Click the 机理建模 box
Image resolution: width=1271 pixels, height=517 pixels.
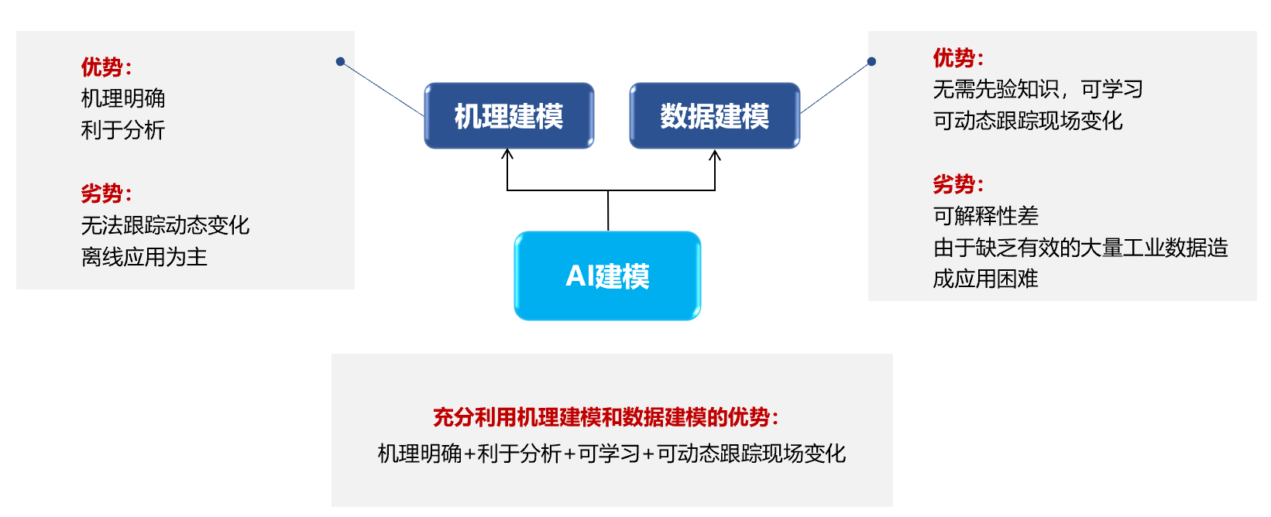pos(509,116)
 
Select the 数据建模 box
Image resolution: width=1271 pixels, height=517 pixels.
pos(714,116)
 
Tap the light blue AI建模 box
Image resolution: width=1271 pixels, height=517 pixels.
pos(607,276)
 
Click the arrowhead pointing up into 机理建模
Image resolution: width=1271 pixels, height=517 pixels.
pos(507,154)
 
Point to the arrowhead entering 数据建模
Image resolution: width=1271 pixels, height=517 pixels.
pos(715,156)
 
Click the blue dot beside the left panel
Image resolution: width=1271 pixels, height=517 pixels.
pos(340,61)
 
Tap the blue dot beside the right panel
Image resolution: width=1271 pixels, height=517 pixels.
pos(871,61)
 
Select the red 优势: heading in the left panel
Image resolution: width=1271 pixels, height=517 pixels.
pos(106,67)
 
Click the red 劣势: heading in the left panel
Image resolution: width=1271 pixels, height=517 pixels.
pos(106,193)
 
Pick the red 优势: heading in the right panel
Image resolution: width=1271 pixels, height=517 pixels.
pos(958,58)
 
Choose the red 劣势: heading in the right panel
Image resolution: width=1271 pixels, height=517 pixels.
pos(958,184)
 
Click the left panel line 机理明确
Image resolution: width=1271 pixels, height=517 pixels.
pos(123,98)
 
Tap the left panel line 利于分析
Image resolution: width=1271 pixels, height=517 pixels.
pos(123,130)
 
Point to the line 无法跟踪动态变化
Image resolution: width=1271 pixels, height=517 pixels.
pos(165,225)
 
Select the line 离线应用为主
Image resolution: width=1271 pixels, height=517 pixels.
pos(144,257)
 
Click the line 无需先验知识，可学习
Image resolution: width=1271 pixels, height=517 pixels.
pos(1038,90)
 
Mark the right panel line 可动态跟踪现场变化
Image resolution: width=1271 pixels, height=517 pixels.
pos(1028,121)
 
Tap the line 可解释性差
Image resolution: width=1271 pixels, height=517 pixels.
pos(985,216)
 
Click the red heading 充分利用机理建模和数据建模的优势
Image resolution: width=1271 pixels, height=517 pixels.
pos(605,417)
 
